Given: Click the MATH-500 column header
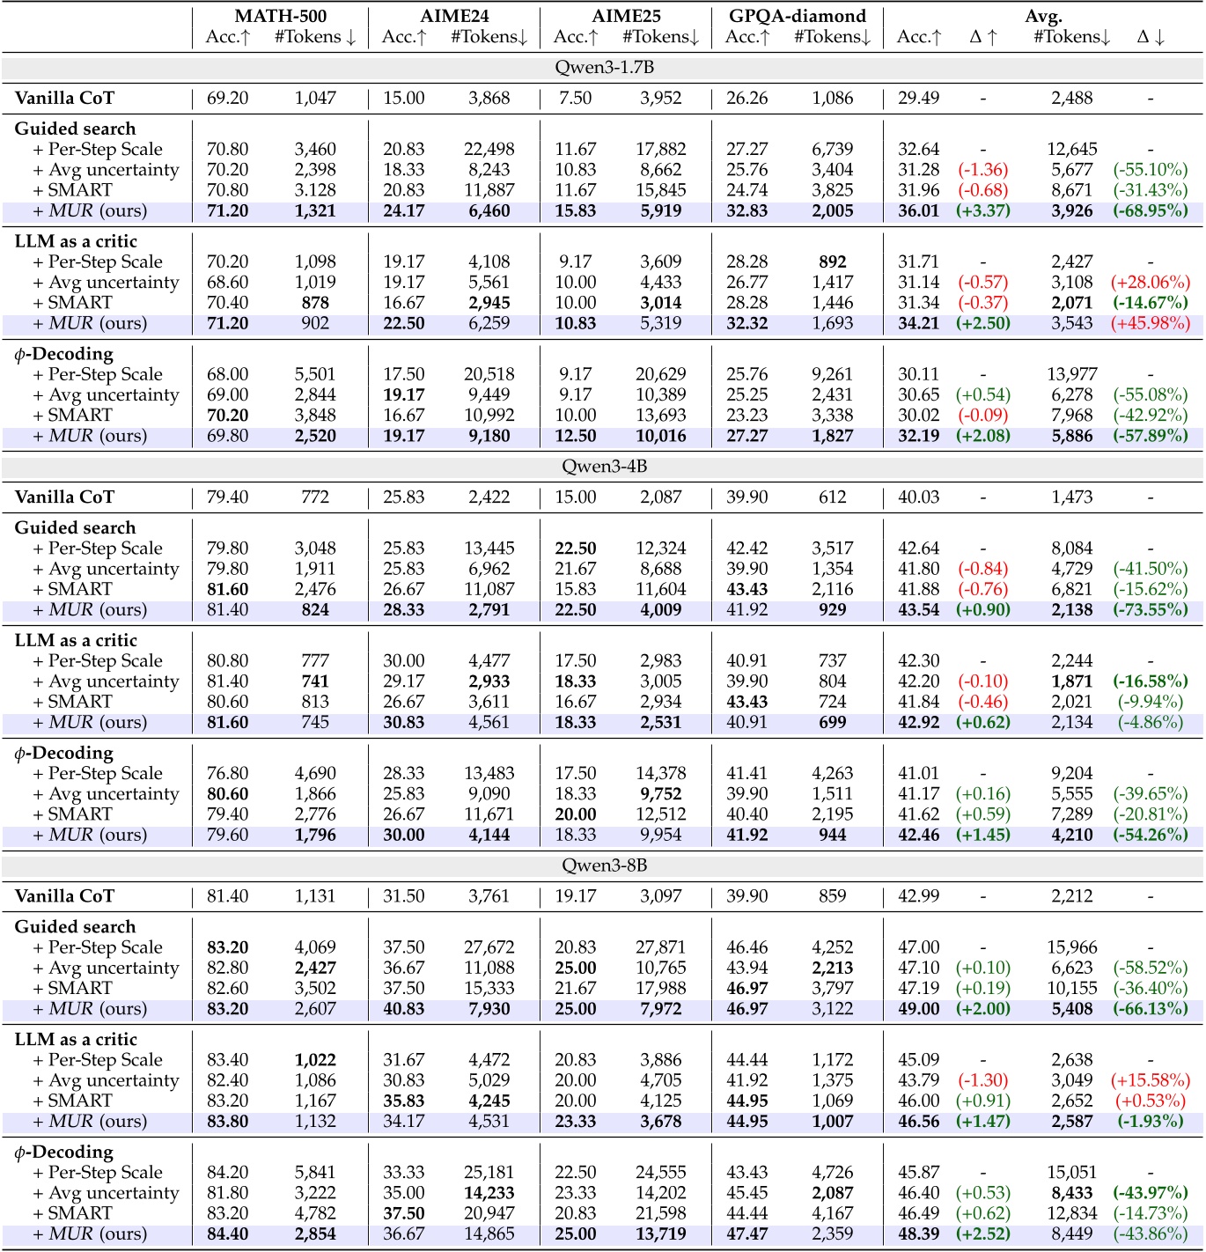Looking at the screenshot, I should [281, 16].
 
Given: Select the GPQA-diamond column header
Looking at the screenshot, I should [798, 16].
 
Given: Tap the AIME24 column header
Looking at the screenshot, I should [454, 16].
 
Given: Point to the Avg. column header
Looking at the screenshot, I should [1043, 16].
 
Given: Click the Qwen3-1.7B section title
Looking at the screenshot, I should [604, 68].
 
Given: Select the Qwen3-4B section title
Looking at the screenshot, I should [604, 467].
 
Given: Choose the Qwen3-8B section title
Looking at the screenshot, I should [604, 865].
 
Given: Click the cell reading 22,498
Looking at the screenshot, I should [489, 149].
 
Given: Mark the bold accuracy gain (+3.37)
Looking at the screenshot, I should [982, 210].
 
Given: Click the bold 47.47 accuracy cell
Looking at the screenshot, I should [746, 1234].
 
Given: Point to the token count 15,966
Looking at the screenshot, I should [1071, 947].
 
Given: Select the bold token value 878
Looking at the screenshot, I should [315, 303].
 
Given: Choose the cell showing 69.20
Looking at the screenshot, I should [227, 98].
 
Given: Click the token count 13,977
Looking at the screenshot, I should [1071, 374].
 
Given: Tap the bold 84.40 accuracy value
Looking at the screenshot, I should [227, 1234].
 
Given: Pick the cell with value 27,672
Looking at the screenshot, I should [489, 947].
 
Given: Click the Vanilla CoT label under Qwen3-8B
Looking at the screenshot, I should [64, 896].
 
